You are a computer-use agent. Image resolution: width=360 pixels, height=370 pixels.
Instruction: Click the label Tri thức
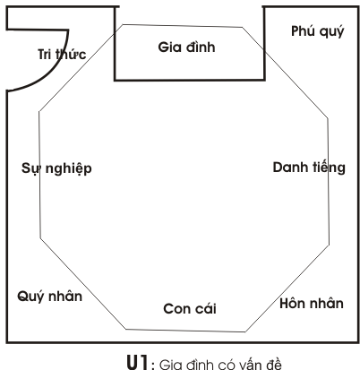tap(62, 54)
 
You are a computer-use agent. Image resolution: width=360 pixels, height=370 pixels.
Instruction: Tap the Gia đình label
tap(186, 47)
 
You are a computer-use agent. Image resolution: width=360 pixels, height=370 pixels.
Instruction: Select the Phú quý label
tap(318, 31)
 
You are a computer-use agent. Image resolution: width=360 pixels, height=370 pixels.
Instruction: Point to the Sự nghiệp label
tap(56, 168)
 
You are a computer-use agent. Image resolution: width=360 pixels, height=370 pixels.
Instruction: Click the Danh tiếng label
tap(309, 168)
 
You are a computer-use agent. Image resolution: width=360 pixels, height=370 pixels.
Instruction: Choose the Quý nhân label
tap(49, 297)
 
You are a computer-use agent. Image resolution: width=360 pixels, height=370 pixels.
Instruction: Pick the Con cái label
tap(190, 308)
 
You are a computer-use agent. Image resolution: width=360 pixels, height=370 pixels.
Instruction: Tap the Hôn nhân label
tap(312, 303)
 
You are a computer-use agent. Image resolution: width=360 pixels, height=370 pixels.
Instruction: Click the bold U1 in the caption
tap(138, 362)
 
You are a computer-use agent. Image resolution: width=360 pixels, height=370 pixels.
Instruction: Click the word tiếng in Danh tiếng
tap(329, 168)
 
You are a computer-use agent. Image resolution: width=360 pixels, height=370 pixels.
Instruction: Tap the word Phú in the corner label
tap(303, 30)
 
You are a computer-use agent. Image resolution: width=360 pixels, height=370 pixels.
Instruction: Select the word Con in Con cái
tap(176, 309)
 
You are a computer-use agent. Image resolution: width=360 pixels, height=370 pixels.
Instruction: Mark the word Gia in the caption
tap(169, 365)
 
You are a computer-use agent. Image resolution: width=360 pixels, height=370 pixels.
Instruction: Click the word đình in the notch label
tap(201, 47)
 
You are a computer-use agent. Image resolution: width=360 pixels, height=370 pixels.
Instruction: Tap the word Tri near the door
tap(44, 55)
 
